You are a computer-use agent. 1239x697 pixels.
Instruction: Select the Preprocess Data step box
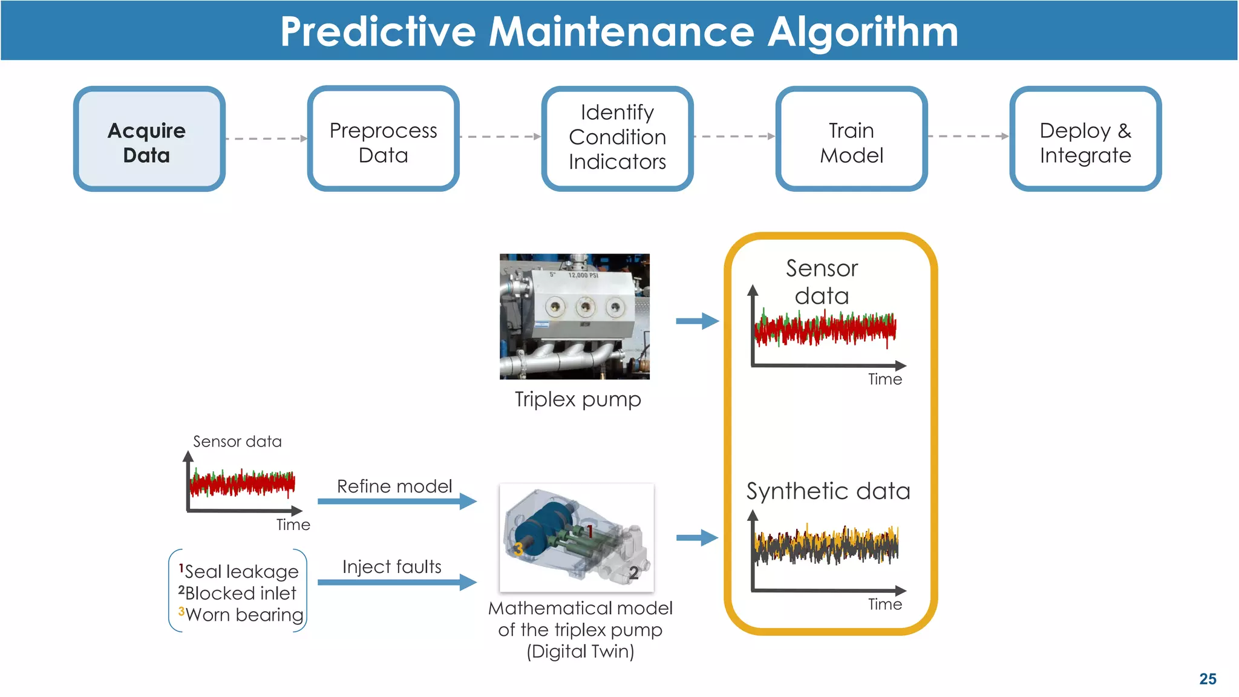[383, 139]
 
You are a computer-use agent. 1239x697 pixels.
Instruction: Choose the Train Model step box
[851, 139]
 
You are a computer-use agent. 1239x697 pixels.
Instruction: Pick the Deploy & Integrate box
[1085, 139]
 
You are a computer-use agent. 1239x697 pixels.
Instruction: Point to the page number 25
[1208, 679]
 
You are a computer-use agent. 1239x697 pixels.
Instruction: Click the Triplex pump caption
[577, 399]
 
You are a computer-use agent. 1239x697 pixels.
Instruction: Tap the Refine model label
[394, 486]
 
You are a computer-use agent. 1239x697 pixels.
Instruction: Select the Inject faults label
[391, 567]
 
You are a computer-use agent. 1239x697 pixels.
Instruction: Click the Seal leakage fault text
[241, 571]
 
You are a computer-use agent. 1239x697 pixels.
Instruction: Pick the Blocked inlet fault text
[241, 593]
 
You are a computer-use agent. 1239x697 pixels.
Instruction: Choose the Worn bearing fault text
[244, 615]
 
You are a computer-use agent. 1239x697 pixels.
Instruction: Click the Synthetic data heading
[828, 491]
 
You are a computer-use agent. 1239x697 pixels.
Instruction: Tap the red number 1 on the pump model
[590, 531]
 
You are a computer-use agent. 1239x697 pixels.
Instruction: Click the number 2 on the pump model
[633, 572]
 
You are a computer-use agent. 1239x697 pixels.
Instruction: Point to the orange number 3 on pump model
[518, 549]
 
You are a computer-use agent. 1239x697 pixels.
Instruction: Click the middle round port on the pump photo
[585, 307]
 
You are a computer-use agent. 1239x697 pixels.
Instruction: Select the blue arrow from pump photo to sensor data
[697, 321]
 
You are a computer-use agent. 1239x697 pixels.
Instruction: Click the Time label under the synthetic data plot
[884, 604]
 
